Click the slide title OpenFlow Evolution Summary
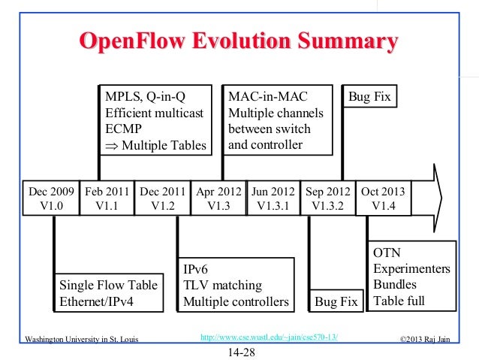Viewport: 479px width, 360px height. tap(238, 42)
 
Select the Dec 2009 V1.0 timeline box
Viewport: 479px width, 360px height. tap(51, 198)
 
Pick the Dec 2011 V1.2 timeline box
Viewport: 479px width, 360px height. tap(164, 198)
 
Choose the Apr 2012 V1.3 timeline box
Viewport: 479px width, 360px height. tap(219, 198)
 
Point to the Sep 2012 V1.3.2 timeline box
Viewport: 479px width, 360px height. tap(327, 198)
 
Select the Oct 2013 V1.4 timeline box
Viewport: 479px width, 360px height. tap(383, 198)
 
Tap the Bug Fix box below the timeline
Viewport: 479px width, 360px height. tap(336, 302)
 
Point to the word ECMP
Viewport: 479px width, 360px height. tap(124, 129)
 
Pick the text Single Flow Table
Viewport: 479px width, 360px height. tap(109, 286)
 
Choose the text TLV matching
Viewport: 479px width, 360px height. tap(223, 286)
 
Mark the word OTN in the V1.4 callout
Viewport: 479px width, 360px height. tap(387, 253)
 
